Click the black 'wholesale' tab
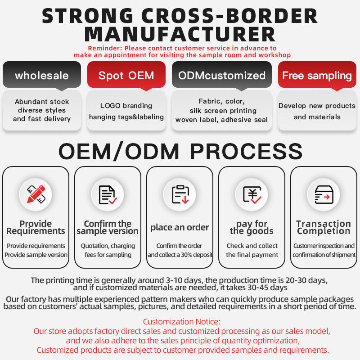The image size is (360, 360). pos(42,75)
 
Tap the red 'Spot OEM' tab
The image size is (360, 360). pos(126,75)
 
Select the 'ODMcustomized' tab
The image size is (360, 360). pos(222,75)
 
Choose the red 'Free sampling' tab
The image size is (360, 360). pos(317,75)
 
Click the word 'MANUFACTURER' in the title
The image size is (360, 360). pos(180,35)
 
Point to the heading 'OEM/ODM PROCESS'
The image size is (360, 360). pos(180,151)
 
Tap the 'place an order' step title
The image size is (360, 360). pos(180,227)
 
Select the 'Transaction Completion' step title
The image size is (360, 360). pos(324,227)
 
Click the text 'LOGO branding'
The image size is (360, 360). pos(126,106)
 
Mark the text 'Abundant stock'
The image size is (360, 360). pos(42,102)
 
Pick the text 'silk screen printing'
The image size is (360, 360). pos(222,111)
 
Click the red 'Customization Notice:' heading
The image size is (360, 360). pos(182,322)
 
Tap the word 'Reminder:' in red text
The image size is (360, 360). pos(105,48)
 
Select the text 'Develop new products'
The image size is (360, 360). pos(317,106)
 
